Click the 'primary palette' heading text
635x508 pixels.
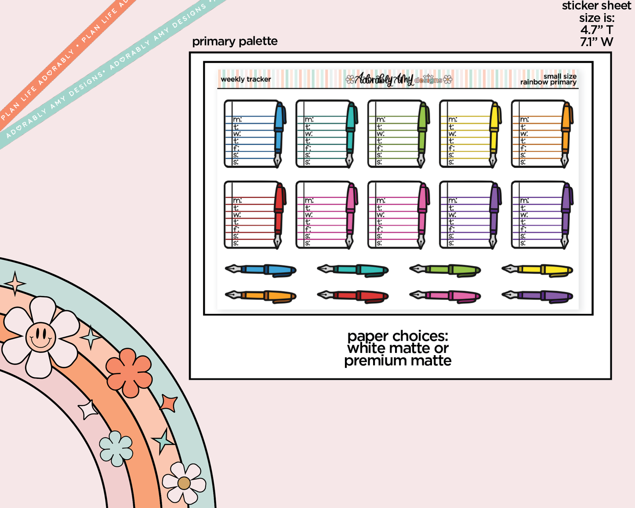(235, 41)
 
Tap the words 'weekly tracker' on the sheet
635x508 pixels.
(246, 80)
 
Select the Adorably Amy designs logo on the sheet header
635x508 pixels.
(398, 79)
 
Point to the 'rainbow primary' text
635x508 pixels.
(548, 82)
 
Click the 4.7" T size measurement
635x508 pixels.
(596, 30)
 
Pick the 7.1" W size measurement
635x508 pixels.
(596, 42)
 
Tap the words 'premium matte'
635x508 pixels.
(398, 361)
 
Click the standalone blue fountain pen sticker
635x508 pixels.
(261, 270)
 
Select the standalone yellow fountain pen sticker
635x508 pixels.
(537, 270)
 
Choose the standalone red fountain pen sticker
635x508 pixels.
(352, 296)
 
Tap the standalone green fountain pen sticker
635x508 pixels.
(445, 270)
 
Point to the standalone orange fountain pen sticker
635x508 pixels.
(261, 296)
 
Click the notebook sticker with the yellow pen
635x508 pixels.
(470, 134)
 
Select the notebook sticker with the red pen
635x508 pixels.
(255, 215)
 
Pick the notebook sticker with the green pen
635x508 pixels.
(398, 134)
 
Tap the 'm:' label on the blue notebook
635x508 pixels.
(237, 120)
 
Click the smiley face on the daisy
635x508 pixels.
(40, 337)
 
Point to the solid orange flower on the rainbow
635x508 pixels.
(129, 372)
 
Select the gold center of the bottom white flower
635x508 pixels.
(184, 483)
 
